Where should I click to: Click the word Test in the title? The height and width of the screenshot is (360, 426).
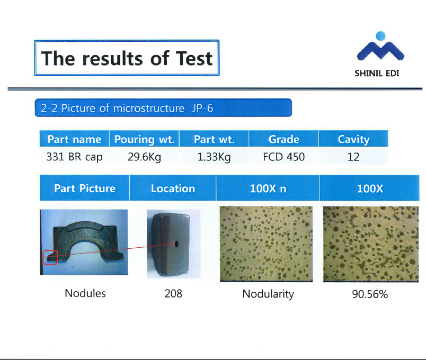point(194,58)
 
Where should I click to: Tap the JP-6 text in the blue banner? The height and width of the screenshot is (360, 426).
point(203,109)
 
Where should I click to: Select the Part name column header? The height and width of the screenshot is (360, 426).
point(74,139)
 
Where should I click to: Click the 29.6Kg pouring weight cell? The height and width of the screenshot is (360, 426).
point(144,157)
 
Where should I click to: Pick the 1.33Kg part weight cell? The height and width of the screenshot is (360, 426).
point(214,157)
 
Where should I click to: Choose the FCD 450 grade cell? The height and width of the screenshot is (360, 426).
point(284,157)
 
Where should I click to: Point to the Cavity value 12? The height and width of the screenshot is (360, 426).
point(353,157)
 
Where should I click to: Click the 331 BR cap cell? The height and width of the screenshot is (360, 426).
point(74,157)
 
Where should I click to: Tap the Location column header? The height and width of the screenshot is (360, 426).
point(173,188)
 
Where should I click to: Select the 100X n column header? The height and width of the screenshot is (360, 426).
point(268,188)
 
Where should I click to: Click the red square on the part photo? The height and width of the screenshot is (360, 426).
point(50,257)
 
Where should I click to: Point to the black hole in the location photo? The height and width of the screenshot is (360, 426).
point(176,244)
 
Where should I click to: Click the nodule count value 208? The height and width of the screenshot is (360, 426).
point(173,293)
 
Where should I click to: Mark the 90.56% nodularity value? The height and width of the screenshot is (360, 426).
point(370,294)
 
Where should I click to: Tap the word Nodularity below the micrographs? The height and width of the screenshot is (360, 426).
point(268,294)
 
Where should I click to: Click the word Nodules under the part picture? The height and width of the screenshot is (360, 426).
point(85,293)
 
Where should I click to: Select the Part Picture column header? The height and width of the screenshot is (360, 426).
point(85,188)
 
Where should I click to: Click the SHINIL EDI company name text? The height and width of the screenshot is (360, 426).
point(377,73)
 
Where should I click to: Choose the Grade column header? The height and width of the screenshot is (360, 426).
point(284,139)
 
